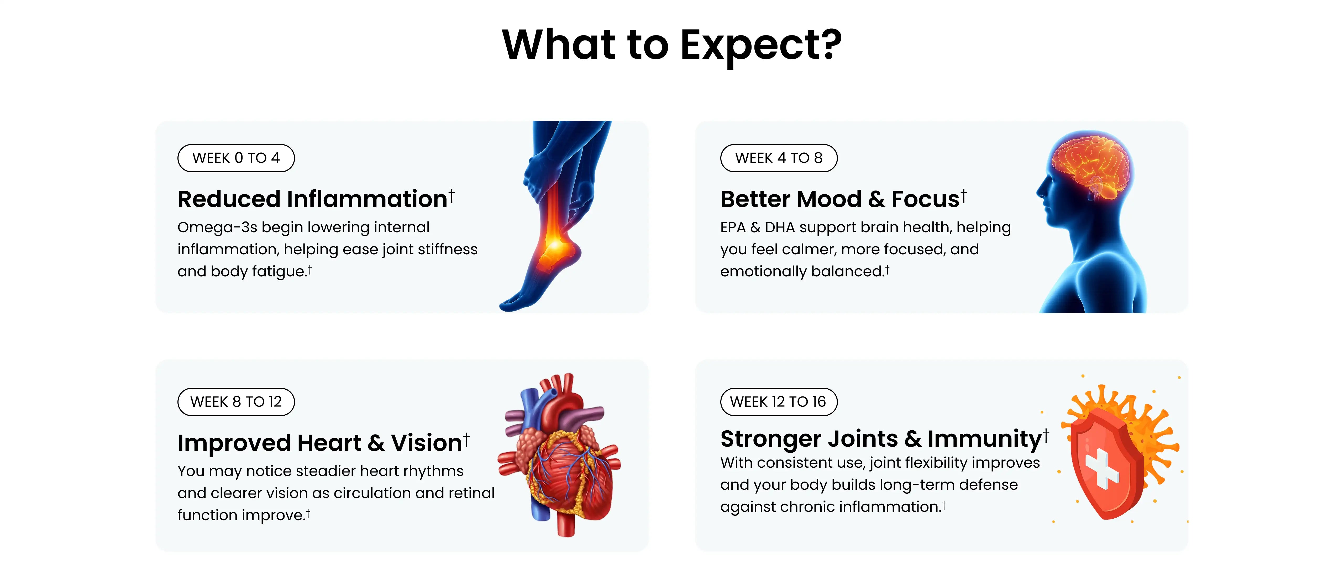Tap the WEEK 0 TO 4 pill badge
click(236, 158)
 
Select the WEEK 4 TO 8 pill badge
click(778, 158)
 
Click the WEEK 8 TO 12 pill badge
click(236, 401)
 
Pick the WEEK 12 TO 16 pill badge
click(778, 401)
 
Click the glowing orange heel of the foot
click(554, 251)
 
